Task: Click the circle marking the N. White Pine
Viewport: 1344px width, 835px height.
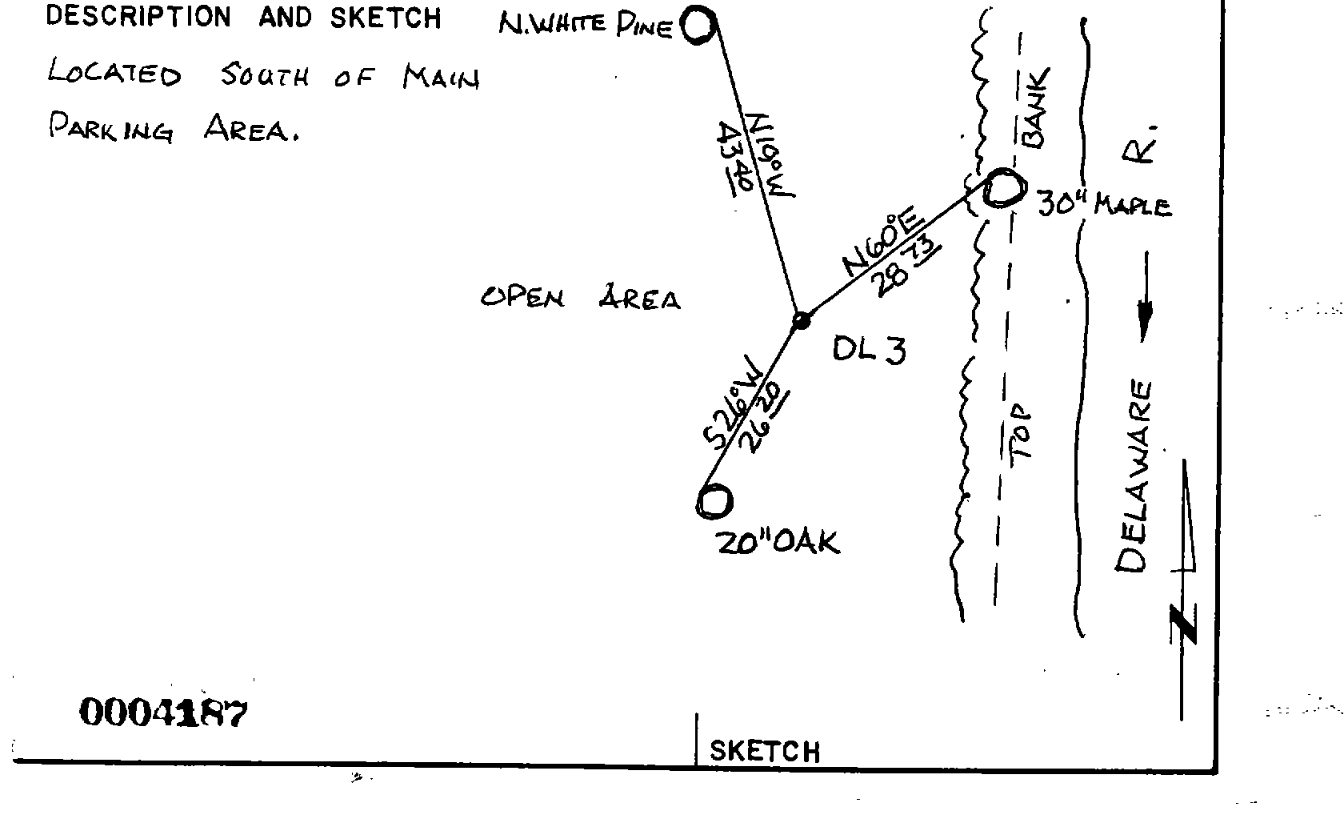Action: pos(698,26)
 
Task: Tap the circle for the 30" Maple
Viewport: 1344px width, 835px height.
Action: pos(1003,189)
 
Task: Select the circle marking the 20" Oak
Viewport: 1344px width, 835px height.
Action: pos(714,502)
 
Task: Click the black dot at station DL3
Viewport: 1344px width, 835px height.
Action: pos(800,321)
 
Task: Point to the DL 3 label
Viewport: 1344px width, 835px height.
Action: pos(869,349)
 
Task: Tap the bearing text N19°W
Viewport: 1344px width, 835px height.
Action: pos(770,154)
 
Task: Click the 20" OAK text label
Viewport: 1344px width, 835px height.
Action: pos(778,543)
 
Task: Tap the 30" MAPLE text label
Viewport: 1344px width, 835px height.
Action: pos(1105,206)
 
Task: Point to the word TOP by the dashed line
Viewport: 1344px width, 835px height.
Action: pos(1022,432)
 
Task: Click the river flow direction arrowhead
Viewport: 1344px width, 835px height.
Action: pos(1145,321)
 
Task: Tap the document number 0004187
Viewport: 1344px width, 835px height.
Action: pos(163,713)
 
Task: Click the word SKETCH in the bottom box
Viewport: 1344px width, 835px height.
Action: pos(765,751)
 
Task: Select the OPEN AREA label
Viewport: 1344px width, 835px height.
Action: pos(580,299)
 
